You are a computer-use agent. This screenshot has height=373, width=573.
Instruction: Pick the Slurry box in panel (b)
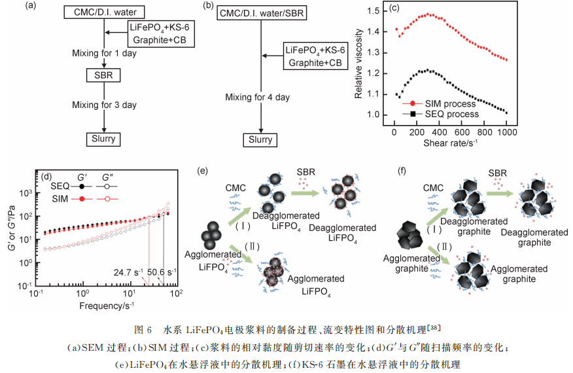[x=260, y=140]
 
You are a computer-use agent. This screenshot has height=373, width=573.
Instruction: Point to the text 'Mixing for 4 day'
[x=257, y=98]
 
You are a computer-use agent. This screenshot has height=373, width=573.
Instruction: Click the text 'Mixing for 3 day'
[x=105, y=103]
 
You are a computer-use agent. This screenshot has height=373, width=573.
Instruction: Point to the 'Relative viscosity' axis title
[x=358, y=63]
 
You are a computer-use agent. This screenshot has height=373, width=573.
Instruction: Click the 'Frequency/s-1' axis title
[x=106, y=306]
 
